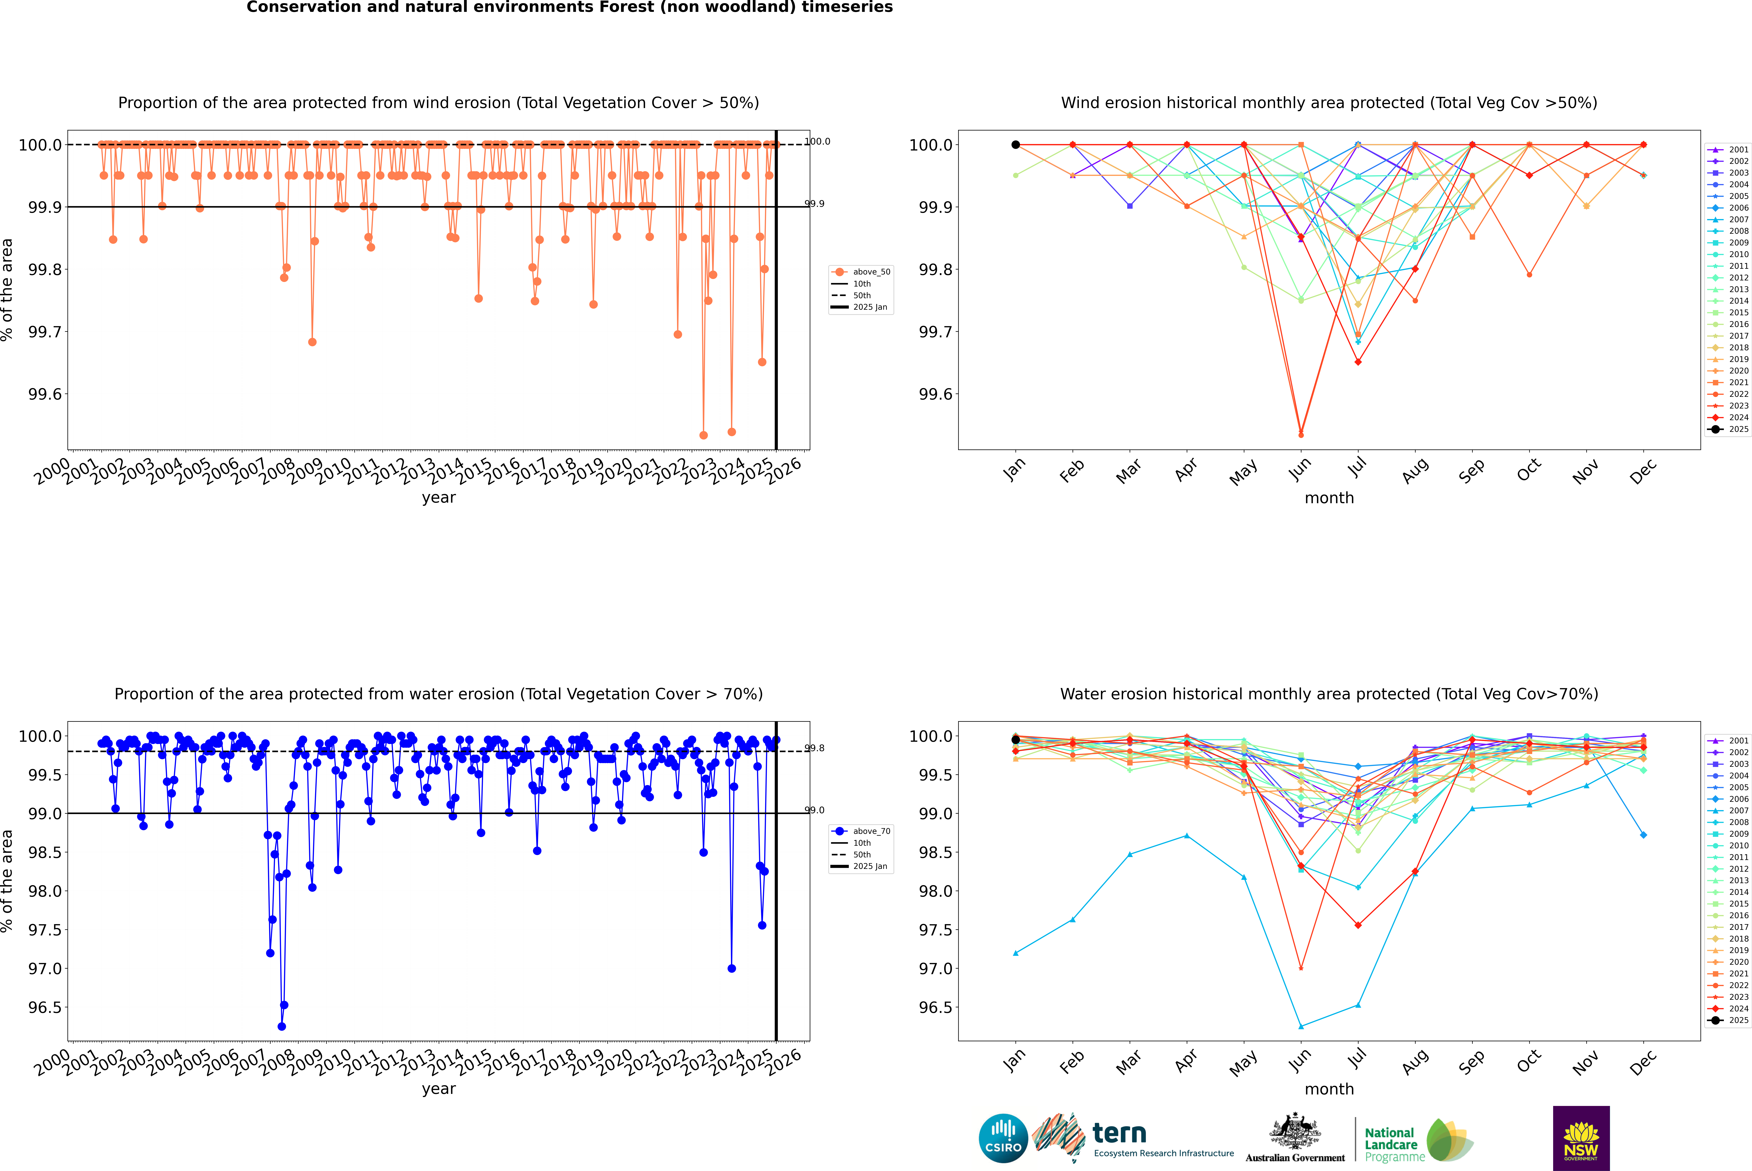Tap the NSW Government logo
tap(1581, 1138)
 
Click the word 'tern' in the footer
tap(1119, 1133)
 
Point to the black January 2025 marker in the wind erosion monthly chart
tap(1016, 145)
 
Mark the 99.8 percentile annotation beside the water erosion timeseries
tap(815, 748)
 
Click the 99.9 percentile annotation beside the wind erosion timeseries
tap(815, 204)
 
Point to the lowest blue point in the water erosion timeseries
tap(282, 1027)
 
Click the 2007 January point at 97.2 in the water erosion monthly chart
tap(1016, 953)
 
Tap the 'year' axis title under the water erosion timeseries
tap(438, 1089)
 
